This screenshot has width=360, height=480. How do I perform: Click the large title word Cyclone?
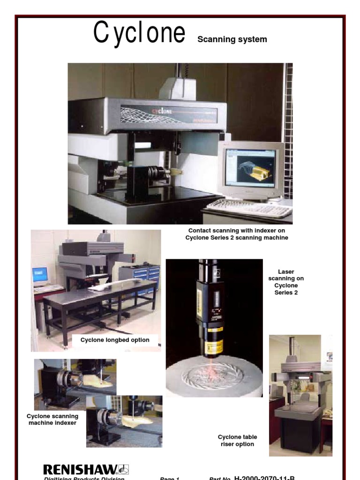click(139, 33)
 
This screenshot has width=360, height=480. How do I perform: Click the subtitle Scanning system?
click(232, 39)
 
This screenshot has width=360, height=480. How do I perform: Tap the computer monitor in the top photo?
click(250, 169)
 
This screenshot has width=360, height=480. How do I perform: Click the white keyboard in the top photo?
click(248, 208)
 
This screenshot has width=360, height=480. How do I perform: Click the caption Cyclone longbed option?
click(115, 340)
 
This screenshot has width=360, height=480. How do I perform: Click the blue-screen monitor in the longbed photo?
click(40, 275)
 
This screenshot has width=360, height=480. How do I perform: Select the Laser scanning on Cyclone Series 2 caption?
click(285, 282)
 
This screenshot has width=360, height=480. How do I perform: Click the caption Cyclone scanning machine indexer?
click(52, 420)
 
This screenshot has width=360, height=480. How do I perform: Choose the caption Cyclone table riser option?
click(237, 440)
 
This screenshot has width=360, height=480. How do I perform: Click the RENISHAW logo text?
click(81, 469)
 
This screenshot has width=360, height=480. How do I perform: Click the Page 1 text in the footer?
click(170, 478)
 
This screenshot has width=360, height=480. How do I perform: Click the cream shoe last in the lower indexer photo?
click(136, 420)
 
